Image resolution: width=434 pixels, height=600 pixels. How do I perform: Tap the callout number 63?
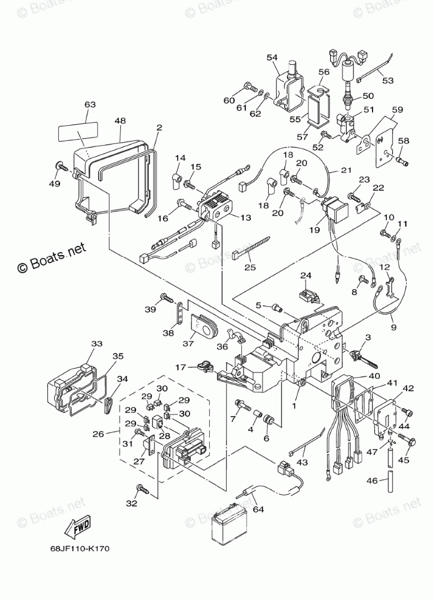pos(89,105)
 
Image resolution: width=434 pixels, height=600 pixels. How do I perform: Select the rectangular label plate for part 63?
pos(78,132)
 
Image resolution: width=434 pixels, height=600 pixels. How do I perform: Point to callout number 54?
pos(272,57)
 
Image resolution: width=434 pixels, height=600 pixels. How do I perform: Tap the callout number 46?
pos(370,482)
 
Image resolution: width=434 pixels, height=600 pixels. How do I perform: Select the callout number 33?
pos(97,344)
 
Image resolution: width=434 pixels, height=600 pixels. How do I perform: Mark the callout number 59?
pos(397,110)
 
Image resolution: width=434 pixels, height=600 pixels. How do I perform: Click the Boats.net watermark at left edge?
pos(52,257)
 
